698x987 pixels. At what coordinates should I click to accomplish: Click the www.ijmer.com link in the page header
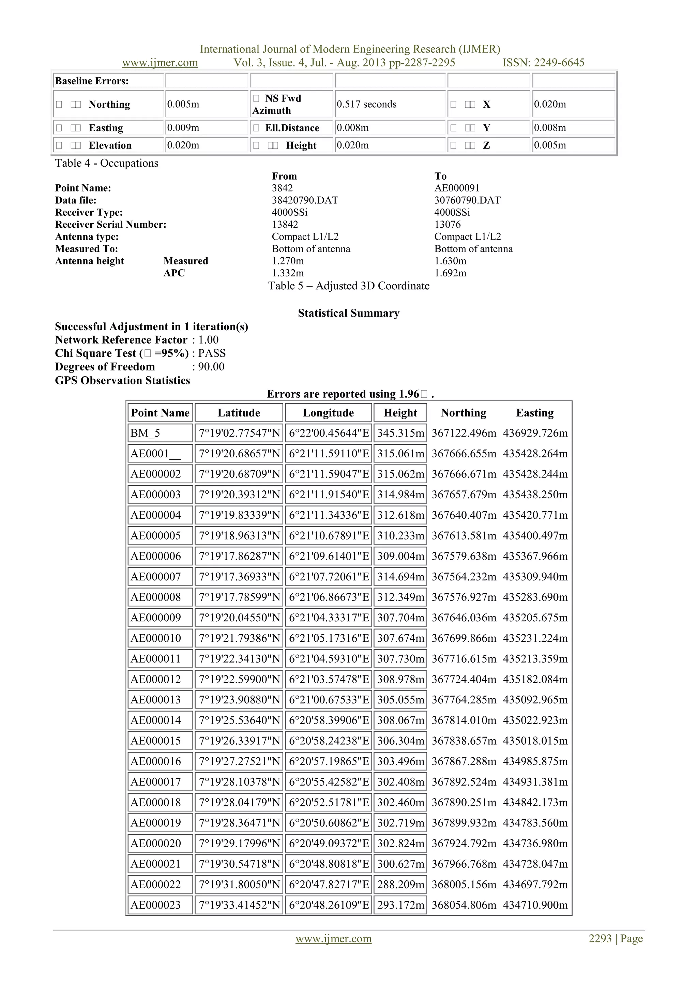pos(160,63)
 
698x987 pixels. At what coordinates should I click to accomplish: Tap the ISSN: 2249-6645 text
pos(543,63)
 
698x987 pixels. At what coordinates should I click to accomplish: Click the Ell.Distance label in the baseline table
pos(292,128)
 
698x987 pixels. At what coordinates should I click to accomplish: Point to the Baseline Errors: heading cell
pos(92,81)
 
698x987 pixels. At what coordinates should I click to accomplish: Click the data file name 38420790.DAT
pos(305,200)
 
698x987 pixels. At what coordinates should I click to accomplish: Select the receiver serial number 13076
pos(447,224)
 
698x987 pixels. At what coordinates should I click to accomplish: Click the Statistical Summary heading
pos(349,313)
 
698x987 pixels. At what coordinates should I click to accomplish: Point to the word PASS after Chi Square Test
pos(212,353)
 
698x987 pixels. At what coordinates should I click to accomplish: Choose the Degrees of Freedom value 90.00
pos(211,367)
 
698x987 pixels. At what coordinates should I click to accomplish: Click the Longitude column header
pos(328,413)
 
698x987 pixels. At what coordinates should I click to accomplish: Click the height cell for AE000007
pos(400,577)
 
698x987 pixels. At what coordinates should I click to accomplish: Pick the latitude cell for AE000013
pos(239,700)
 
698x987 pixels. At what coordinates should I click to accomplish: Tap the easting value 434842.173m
pos(535,803)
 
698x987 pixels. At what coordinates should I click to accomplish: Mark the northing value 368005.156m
pos(464,885)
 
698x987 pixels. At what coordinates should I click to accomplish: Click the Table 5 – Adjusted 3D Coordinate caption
pos(349,286)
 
